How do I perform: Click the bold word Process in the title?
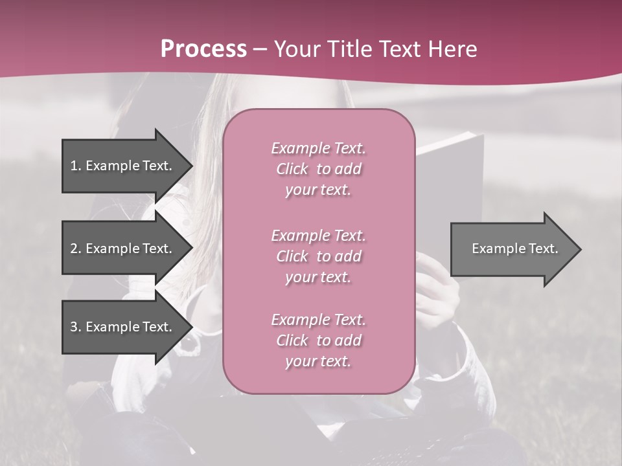tap(203, 49)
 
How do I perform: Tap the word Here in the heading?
tap(454, 49)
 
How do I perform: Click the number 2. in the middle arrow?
tap(75, 249)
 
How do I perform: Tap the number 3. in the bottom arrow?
tap(75, 327)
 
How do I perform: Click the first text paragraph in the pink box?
tap(318, 169)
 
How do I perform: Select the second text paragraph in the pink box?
tap(318, 256)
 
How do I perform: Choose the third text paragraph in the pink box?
tap(318, 340)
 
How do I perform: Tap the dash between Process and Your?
tap(260, 49)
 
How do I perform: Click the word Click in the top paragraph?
tap(292, 169)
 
